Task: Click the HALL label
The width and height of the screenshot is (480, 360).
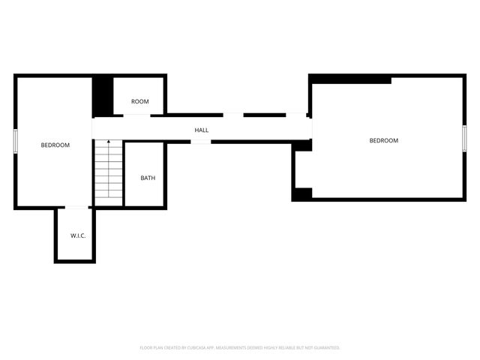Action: coord(202,130)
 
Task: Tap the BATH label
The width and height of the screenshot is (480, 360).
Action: coord(148,178)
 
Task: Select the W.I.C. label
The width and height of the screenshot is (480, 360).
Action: coord(78,235)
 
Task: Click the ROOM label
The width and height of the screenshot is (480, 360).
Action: coord(140,101)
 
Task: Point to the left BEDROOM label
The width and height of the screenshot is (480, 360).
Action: coord(55,145)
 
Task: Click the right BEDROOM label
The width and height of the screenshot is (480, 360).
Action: coord(384,140)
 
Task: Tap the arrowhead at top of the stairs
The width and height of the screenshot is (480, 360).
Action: coord(108,142)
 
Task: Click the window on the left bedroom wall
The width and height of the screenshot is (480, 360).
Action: coord(15,142)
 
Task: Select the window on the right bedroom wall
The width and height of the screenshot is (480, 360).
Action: coord(464,137)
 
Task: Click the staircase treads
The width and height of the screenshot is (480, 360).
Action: coord(108,172)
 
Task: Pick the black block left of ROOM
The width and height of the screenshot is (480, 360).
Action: coord(102,96)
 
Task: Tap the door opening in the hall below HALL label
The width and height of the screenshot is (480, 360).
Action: coord(201,142)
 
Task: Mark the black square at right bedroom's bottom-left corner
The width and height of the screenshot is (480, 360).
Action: coord(301,193)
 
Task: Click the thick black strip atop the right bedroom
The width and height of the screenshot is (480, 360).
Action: coord(350,79)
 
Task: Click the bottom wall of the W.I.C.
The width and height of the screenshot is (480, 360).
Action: coord(75,261)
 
